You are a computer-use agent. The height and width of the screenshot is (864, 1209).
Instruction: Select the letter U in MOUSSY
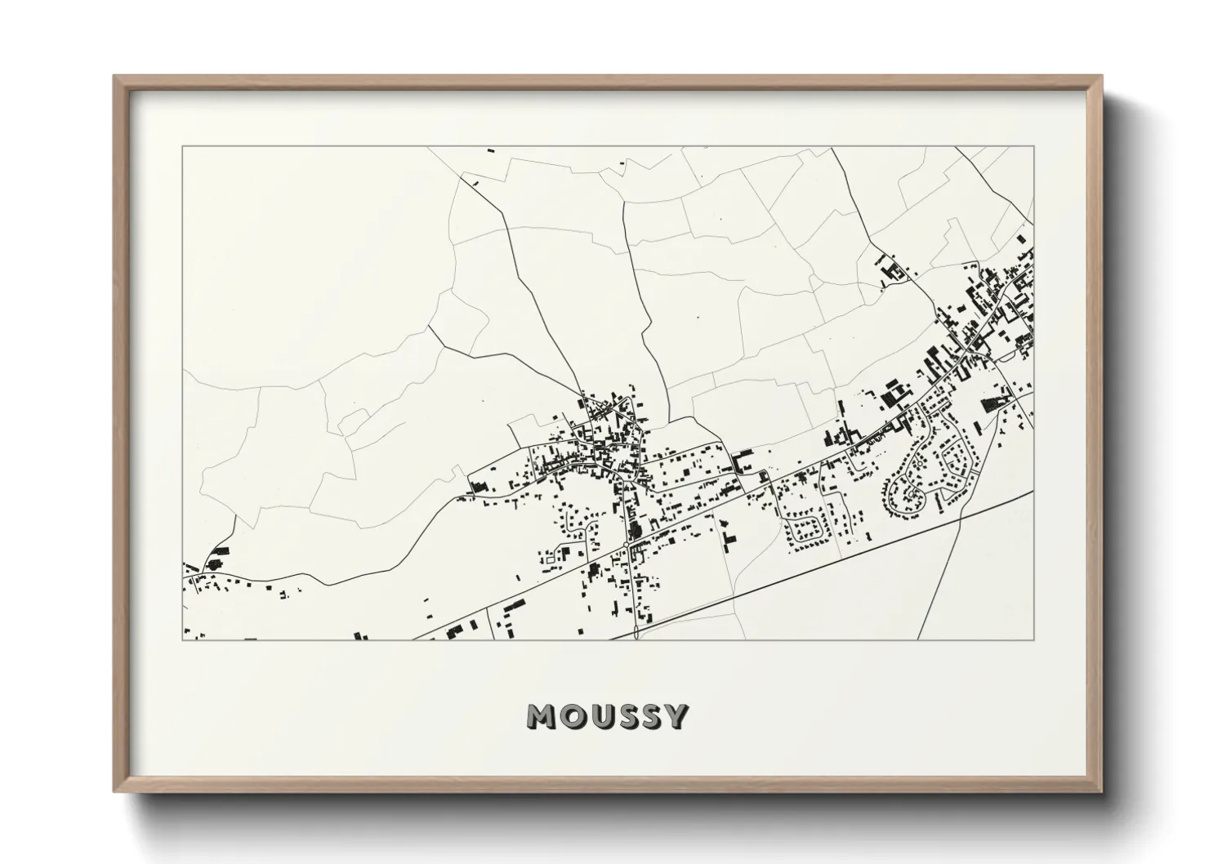pyautogui.click(x=602, y=716)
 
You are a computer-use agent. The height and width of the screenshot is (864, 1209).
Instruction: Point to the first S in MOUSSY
pyautogui.click(x=629, y=716)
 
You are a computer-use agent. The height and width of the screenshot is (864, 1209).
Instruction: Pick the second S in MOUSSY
pyautogui.click(x=653, y=716)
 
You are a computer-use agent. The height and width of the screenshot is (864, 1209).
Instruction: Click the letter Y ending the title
pyautogui.click(x=677, y=716)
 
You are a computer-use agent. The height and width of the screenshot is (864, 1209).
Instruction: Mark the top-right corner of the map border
pyautogui.click(x=1034, y=146)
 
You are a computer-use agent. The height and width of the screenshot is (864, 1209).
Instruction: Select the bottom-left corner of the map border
pyautogui.click(x=182, y=639)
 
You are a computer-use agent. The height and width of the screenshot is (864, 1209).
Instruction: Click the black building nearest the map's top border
pyautogui.click(x=491, y=150)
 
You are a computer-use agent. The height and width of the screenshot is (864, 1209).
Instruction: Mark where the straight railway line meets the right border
pyautogui.click(x=1033, y=492)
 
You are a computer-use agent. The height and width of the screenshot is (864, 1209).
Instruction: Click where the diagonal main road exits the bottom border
pyautogui.click(x=415, y=639)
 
